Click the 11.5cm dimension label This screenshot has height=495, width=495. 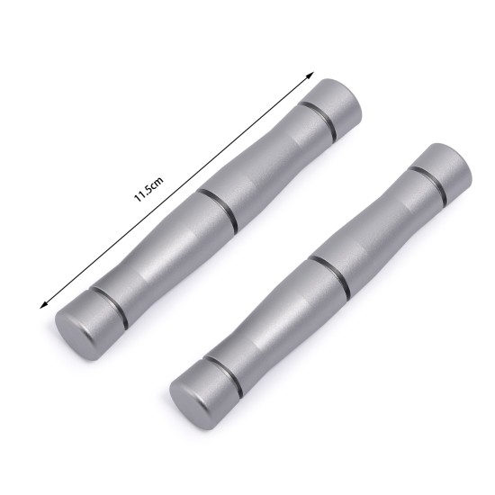pos(148,189)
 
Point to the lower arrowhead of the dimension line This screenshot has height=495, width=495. pos(43,305)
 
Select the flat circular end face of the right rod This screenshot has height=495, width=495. pos(189,407)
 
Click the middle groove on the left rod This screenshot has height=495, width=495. pos(218,210)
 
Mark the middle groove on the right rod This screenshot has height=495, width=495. pos(330,274)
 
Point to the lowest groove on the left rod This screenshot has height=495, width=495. pos(110,306)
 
